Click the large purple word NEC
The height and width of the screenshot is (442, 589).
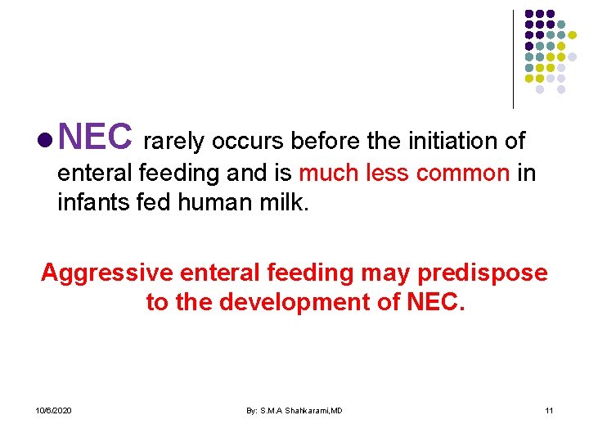(95, 138)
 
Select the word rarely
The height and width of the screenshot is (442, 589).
(174, 142)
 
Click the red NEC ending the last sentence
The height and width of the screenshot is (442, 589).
(434, 302)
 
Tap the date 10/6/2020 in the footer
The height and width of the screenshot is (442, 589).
(53, 410)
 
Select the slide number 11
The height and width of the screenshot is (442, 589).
(549, 410)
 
